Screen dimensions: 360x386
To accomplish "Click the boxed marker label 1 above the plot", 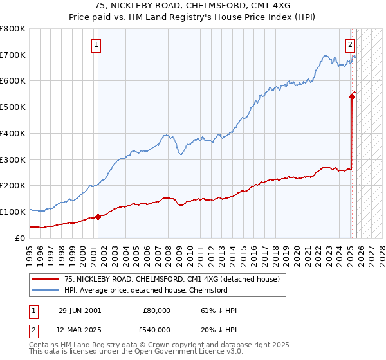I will (96, 45).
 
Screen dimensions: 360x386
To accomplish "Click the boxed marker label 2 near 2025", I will (351, 45).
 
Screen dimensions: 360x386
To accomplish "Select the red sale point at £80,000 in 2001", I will (98, 217).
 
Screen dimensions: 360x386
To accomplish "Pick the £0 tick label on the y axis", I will (19, 238).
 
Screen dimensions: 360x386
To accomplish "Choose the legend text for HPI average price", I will (146, 290).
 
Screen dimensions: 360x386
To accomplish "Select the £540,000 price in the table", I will (156, 330).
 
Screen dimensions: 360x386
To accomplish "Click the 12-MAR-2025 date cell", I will (80, 330).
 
